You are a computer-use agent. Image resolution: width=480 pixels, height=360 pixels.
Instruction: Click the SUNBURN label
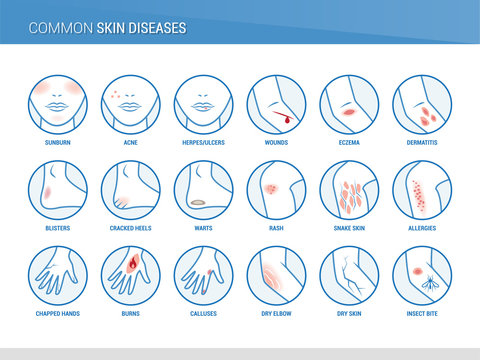point(58,143)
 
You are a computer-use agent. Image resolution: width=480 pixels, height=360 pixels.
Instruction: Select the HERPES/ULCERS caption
point(203,143)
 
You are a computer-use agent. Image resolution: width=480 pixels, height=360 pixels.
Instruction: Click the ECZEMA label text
point(349,143)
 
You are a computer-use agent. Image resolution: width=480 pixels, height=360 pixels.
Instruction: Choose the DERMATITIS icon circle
point(422,105)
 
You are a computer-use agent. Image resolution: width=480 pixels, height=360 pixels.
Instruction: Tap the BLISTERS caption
point(58,229)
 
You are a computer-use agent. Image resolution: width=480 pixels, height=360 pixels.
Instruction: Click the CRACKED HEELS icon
point(131,190)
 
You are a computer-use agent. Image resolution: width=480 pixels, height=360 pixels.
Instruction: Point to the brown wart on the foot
point(196,203)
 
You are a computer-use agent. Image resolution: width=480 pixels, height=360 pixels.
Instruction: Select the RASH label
point(276,229)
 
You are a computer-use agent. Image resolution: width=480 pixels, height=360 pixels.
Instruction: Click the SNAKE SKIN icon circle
point(349,190)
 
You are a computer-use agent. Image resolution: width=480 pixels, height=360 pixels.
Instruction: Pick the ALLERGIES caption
point(422,229)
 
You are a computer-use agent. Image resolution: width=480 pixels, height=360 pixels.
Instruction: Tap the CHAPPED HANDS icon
point(58,276)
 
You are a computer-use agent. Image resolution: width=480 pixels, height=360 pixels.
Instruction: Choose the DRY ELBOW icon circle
point(276,276)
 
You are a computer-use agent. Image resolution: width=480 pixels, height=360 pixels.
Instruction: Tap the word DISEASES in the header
point(156,29)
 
